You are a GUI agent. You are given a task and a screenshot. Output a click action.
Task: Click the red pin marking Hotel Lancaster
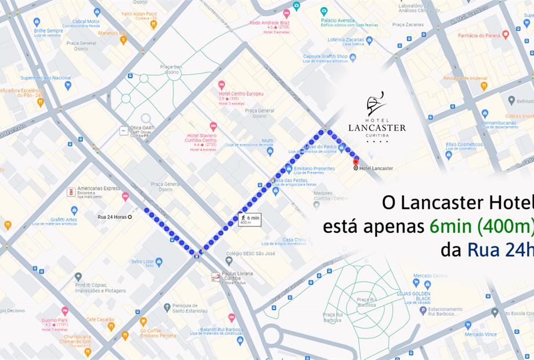click(x=356, y=160)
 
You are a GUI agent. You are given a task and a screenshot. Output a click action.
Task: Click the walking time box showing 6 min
click(x=250, y=219)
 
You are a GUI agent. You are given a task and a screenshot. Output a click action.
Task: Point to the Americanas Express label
click(x=99, y=189)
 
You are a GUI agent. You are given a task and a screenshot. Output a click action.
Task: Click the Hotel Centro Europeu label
click(x=241, y=93)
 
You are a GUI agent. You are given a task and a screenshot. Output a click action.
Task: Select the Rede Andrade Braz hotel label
click(x=269, y=23)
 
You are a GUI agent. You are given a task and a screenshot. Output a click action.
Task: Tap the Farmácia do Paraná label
click(x=479, y=35)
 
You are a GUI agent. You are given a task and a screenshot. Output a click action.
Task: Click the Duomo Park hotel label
click(x=55, y=320)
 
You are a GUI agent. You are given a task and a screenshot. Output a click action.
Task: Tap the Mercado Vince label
click(x=481, y=334)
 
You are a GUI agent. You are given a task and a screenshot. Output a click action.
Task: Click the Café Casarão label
click(x=100, y=320)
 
